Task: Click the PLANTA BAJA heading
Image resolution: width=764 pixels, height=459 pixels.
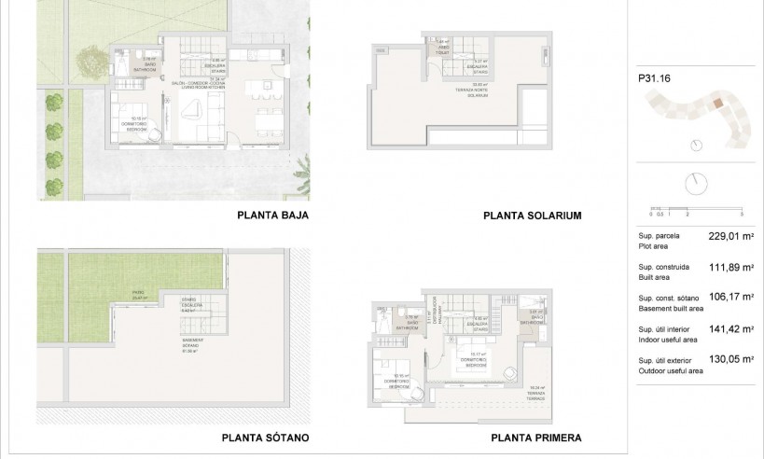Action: [272, 215]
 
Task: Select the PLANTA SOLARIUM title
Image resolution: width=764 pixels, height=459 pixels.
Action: [532, 215]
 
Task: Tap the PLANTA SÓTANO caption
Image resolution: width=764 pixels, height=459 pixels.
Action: [265, 437]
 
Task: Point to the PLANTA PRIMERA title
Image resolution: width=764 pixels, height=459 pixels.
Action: [535, 437]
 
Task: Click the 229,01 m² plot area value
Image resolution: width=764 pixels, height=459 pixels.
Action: [730, 237]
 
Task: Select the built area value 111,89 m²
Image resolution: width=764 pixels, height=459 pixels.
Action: [730, 268]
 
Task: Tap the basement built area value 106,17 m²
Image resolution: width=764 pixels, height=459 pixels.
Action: [730, 299]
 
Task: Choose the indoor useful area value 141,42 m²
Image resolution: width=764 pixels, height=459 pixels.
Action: [730, 329]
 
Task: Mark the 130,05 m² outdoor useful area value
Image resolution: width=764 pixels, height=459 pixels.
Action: [730, 360]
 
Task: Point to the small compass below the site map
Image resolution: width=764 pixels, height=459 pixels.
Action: [696, 146]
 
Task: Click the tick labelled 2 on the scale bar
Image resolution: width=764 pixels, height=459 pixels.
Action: [687, 213]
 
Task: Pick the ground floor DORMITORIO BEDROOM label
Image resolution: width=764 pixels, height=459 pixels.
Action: [138, 121]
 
